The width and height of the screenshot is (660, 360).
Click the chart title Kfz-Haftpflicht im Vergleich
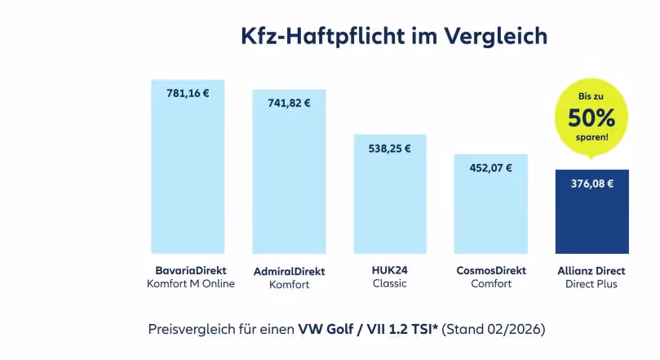(393, 37)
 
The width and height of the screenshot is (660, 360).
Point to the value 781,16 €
(188, 93)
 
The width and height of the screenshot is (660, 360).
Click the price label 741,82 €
(289, 103)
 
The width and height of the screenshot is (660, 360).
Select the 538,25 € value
(389, 149)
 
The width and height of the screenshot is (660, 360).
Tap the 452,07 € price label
(490, 168)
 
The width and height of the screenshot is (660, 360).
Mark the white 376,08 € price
(591, 184)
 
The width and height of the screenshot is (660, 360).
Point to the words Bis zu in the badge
(591, 96)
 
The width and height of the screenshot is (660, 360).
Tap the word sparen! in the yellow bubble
(591, 137)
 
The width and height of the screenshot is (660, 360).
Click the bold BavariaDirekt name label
(190, 269)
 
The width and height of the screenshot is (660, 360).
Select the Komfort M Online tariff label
(190, 284)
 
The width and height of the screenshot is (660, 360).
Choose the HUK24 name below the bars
(389, 269)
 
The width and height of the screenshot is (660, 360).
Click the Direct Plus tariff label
(591, 284)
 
